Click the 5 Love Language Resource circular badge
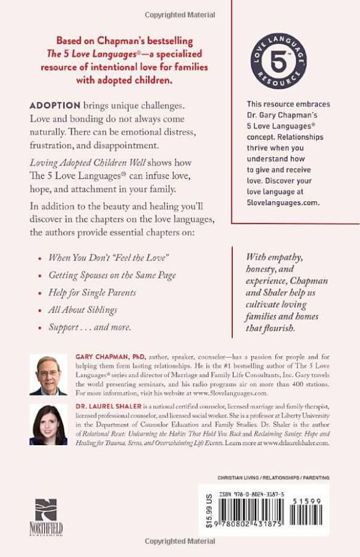279,62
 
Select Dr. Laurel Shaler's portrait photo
48,424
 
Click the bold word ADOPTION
55,106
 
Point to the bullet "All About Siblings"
82,309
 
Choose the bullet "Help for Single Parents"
92,292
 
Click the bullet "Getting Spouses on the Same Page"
112,275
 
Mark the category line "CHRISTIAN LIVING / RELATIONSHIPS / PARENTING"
274,477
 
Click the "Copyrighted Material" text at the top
180,14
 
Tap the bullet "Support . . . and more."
90,327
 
